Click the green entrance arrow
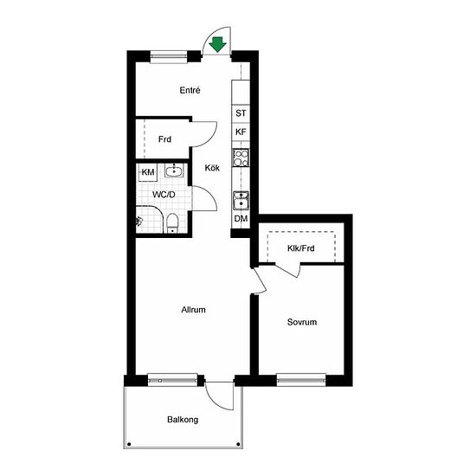coord(217,44)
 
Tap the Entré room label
coord(190,90)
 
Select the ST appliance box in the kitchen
coord(241,113)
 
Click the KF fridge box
coord(241,132)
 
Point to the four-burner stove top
coord(241,158)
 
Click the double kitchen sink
coord(241,200)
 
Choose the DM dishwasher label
coord(241,219)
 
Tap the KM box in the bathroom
coord(148,172)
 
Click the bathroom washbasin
coord(174,170)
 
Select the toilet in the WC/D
coord(172,223)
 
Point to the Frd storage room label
coord(164,139)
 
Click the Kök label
coord(212,168)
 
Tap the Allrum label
coord(193,310)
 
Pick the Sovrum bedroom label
coord(302,322)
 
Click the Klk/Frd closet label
coord(301,248)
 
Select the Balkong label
coord(183,420)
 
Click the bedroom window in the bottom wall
coord(301,380)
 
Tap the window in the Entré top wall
coord(169,57)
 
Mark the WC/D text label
coord(164,195)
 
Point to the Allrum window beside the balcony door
coord(172,380)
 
